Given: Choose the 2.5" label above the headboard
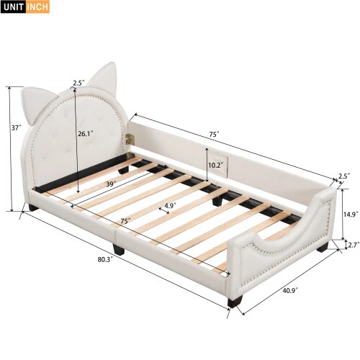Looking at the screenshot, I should click(78, 84).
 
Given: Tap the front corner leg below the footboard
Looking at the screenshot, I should click(233, 302).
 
